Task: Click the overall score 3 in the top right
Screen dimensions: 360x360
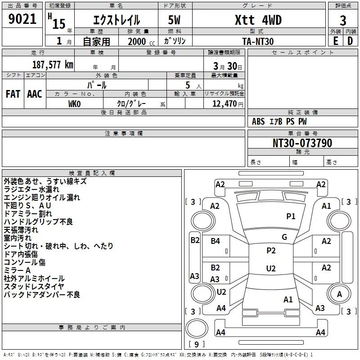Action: pyautogui.click(x=343, y=20)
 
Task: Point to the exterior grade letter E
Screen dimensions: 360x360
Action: pyautogui.click(x=335, y=40)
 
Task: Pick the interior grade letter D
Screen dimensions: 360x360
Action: pyautogui.click(x=350, y=40)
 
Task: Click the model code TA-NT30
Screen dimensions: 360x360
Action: pyautogui.click(x=257, y=41)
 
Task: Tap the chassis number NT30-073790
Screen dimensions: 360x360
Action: pyautogui.click(x=302, y=143)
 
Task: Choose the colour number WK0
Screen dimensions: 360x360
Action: pyautogui.click(x=74, y=104)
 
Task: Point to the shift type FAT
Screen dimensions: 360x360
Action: pyautogui.click(x=13, y=94)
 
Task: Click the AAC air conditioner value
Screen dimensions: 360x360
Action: pyautogui.click(x=35, y=94)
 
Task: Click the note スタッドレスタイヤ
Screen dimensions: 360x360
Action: pyautogui.click(x=34, y=287)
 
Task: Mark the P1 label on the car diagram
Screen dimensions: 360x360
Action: pyautogui.click(x=291, y=216)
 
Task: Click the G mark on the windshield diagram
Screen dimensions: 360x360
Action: pyautogui.click(x=284, y=237)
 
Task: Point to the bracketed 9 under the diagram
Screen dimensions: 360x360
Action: pyautogui.click(x=196, y=345)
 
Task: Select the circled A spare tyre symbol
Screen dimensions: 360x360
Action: pyautogui.click(x=339, y=294)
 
